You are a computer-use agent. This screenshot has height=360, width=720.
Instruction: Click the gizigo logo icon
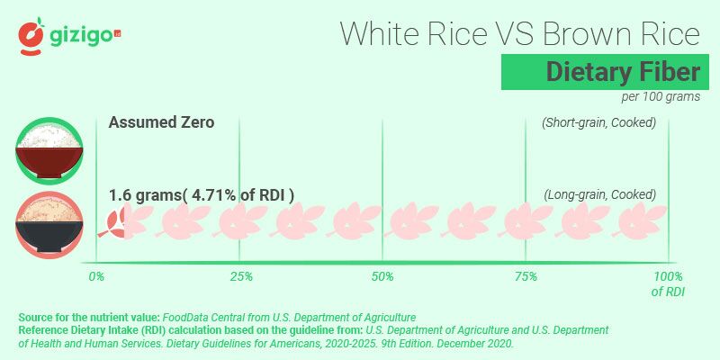(32, 34)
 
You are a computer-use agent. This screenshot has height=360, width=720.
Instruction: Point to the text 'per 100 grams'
(660, 97)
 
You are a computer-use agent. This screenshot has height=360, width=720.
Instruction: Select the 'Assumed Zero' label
(161, 122)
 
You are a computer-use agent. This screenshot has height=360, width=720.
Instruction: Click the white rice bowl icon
(49, 149)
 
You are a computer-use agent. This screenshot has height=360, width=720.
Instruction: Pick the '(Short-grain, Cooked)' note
(598, 122)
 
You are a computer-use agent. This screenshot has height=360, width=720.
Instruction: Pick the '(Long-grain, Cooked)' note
(600, 194)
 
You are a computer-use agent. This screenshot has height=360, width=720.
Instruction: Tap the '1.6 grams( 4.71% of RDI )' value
(202, 194)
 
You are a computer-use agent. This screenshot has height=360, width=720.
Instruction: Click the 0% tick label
(96, 276)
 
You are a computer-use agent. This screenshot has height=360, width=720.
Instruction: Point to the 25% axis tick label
(240, 276)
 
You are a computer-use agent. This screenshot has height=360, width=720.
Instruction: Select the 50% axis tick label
(383, 276)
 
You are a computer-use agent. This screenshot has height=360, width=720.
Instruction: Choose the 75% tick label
(526, 276)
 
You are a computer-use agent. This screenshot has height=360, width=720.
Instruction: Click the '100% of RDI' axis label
(667, 283)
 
